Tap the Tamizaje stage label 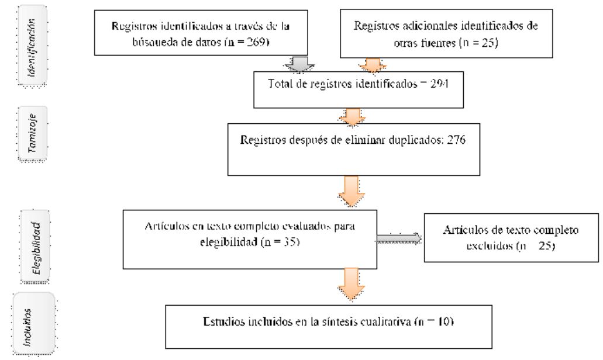35,134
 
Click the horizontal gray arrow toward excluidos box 399,238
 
